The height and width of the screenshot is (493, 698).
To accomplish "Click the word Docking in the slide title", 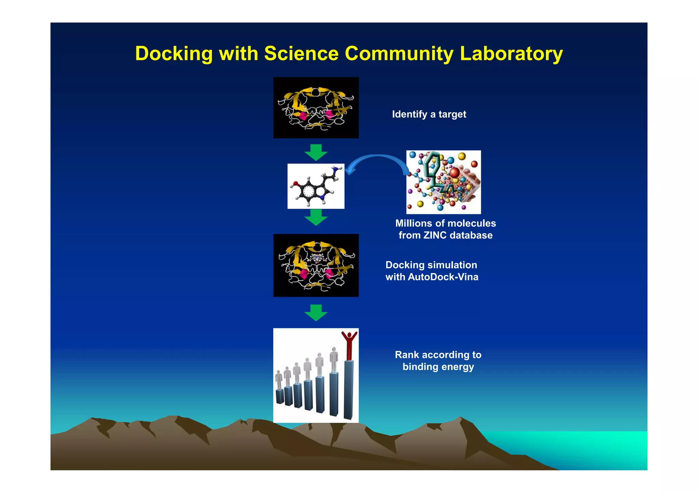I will pyautogui.click(x=173, y=54).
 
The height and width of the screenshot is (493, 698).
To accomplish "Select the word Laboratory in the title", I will pyautogui.click(x=511, y=54).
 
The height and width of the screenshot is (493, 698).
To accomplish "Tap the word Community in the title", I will pyautogui.click(x=399, y=54).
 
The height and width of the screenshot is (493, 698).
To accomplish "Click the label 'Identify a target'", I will pyautogui.click(x=429, y=114).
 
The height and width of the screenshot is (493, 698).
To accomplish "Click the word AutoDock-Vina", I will pyautogui.click(x=443, y=277).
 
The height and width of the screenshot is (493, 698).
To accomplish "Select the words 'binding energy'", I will pyautogui.click(x=438, y=367).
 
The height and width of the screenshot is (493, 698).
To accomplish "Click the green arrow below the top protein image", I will pyautogui.click(x=316, y=152).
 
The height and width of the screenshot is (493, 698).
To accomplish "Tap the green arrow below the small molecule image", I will pyautogui.click(x=316, y=217).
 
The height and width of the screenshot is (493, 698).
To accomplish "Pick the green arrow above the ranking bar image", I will pyautogui.click(x=316, y=313).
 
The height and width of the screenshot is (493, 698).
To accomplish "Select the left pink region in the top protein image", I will pyautogui.click(x=303, y=116).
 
